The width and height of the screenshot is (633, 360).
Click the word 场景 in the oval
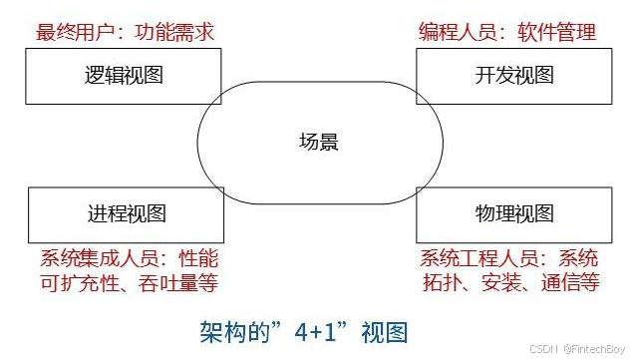point(319,142)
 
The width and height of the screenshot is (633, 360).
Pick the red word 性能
point(197,256)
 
